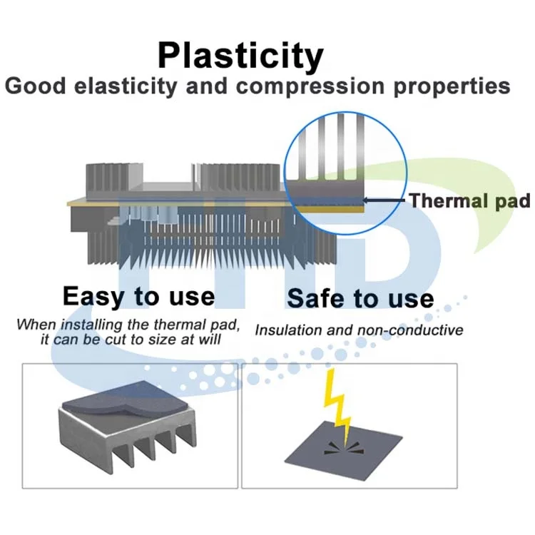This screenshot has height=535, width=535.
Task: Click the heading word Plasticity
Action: pos(240,56)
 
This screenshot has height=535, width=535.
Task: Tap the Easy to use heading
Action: pos(138,295)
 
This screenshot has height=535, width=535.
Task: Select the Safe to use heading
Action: pos(360,298)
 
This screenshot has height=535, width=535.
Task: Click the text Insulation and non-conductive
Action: pos(359,330)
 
